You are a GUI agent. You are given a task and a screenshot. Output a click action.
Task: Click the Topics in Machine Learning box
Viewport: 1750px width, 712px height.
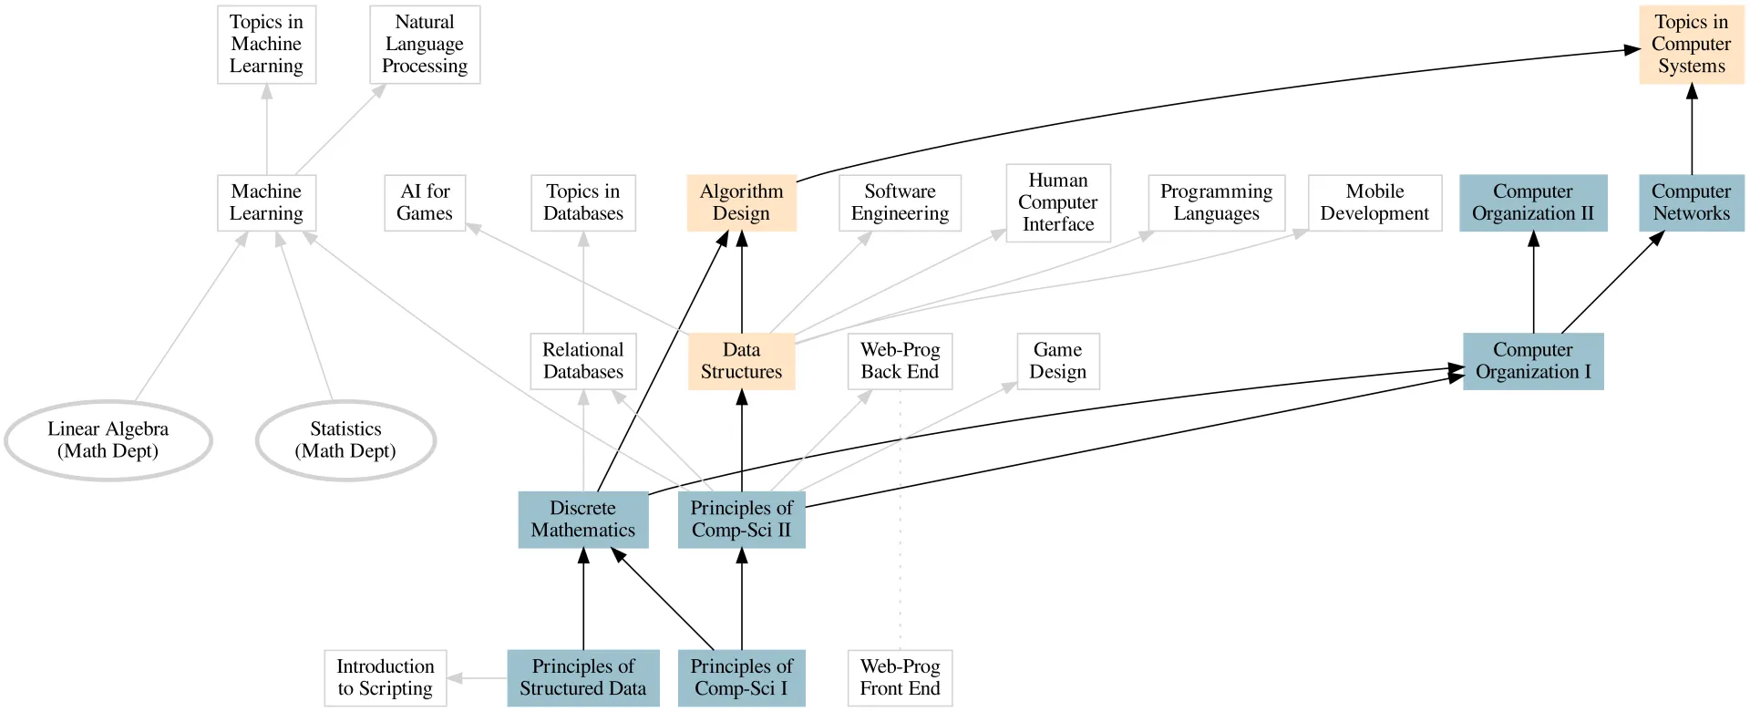[x=266, y=45]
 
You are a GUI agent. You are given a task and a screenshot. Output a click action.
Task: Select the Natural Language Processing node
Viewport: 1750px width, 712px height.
[x=425, y=45]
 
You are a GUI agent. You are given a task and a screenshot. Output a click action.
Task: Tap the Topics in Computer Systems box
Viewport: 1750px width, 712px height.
[x=1691, y=45]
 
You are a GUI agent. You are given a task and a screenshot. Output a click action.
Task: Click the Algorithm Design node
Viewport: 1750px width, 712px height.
[x=741, y=202]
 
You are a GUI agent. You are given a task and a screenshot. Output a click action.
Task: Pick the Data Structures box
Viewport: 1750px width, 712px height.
[x=741, y=361]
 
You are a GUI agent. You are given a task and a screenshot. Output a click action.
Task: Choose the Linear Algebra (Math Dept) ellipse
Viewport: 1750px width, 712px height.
[x=108, y=440]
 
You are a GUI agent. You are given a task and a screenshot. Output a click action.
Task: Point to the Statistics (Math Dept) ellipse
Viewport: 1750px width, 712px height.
[x=345, y=440]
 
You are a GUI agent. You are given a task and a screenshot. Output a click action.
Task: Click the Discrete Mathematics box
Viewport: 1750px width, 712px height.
[x=583, y=520]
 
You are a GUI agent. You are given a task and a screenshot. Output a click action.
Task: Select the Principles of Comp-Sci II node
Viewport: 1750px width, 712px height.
[x=741, y=520]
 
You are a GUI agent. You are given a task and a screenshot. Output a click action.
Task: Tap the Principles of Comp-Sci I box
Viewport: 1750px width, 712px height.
[x=741, y=677]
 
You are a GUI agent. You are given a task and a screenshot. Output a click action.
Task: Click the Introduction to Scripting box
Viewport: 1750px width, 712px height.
[x=385, y=677]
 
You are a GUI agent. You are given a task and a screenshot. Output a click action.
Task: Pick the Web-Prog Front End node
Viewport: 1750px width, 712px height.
[x=900, y=677]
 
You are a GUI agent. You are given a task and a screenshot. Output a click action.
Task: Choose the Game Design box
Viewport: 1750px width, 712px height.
[x=1057, y=361]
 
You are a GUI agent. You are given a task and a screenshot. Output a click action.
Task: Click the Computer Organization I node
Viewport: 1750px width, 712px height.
[x=1533, y=361]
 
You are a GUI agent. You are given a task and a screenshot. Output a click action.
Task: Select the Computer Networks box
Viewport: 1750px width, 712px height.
[x=1691, y=202]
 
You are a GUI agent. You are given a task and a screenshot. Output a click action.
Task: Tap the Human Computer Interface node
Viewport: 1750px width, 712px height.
[x=1057, y=202]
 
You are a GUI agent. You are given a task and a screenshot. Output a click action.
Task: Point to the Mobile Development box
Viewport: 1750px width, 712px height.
[x=1374, y=202]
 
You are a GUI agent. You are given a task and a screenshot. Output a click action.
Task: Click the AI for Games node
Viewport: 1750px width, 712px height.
[x=425, y=202]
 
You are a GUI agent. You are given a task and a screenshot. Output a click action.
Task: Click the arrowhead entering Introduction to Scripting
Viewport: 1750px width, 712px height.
[x=455, y=678]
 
